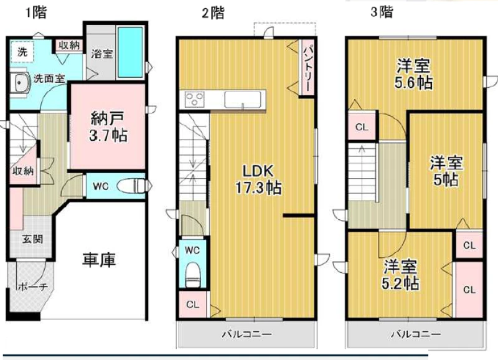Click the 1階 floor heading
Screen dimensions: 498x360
[x=37, y=12]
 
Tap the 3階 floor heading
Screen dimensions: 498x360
[x=382, y=12]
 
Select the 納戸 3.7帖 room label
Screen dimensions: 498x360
[x=108, y=127]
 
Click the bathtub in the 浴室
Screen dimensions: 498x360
[x=130, y=52]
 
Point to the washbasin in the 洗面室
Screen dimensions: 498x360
[x=19, y=83]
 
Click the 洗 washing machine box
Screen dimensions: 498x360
[x=22, y=52]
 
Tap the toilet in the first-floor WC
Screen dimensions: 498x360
[x=131, y=186]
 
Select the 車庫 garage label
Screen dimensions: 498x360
[x=99, y=260]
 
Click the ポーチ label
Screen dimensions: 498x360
[x=33, y=287]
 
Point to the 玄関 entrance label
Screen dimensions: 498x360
[x=33, y=239]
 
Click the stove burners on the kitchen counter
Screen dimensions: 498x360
[x=192, y=99]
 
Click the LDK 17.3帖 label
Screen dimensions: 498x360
[x=258, y=179]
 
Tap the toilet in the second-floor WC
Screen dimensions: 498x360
[x=192, y=275]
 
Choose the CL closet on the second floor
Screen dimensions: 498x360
[x=193, y=305]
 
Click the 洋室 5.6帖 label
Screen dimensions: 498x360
[x=413, y=75]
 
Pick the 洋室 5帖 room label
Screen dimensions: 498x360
[x=446, y=171]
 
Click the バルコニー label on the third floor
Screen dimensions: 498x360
[x=416, y=334]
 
